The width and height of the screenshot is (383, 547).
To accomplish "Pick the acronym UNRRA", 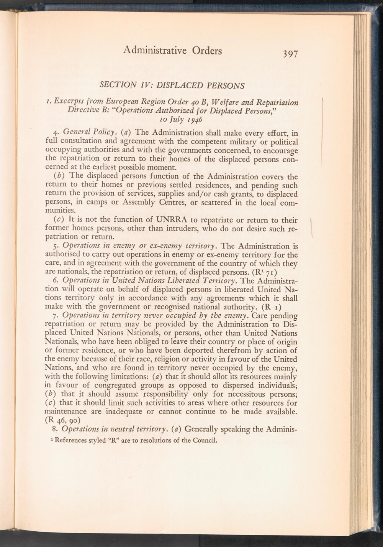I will coord(176,220).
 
